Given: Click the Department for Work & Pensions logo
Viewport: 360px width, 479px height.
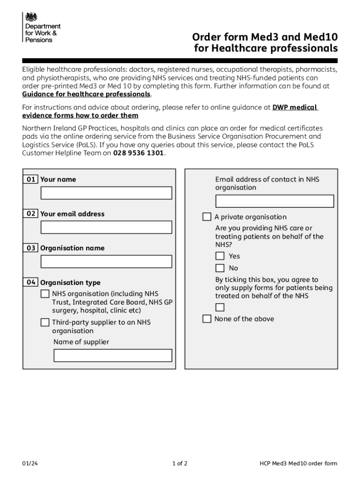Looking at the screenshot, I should (41, 27).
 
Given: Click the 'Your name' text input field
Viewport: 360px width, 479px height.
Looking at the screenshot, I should (106, 193).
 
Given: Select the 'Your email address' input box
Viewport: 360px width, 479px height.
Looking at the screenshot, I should (106, 227).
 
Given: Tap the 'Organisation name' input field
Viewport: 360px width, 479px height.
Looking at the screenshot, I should (106, 261).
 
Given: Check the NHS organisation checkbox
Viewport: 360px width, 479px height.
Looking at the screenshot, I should (45, 294).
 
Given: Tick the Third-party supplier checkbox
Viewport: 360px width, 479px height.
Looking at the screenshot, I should (45, 322).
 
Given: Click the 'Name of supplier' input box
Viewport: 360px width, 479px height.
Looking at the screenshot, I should (113, 356).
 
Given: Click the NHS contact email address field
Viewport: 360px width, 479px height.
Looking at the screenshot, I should (274, 201).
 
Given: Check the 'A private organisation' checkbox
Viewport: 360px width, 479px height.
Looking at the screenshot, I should (207, 217).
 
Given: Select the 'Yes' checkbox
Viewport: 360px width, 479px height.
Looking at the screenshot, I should (220, 256).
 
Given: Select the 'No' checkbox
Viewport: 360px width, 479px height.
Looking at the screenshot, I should (220, 268).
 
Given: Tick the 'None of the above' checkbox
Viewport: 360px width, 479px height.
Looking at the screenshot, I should (207, 319).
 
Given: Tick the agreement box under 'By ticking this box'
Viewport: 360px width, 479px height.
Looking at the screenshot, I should (220, 307).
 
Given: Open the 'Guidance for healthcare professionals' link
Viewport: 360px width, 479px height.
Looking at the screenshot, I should (86, 94).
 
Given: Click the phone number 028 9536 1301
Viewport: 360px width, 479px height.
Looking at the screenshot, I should (139, 153).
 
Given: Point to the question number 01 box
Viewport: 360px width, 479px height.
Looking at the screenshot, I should (31, 179).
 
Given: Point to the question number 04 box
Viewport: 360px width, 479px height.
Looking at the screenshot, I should (31, 282).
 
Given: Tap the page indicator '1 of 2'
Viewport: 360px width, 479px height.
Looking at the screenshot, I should (180, 464).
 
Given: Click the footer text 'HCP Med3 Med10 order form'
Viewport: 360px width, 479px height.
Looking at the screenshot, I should (298, 464).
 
